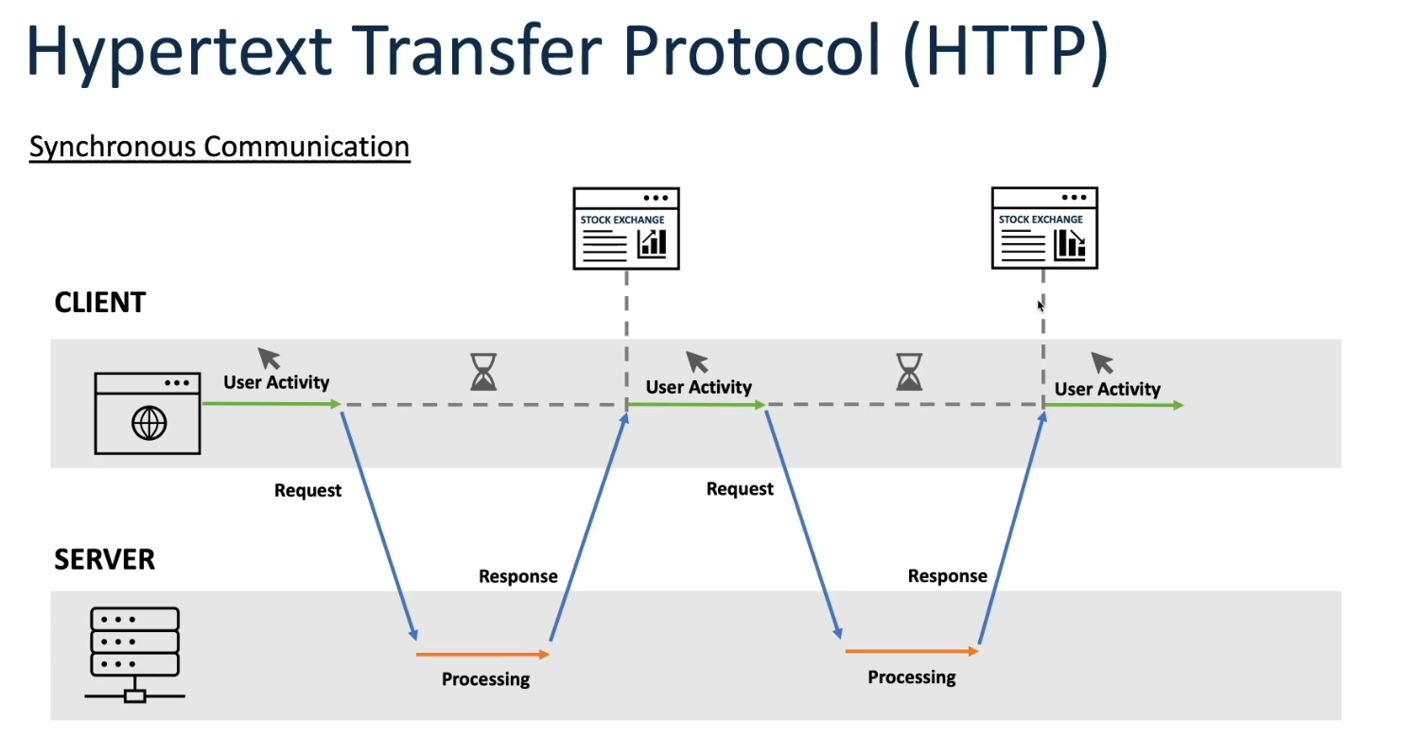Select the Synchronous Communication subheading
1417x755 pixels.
(219, 148)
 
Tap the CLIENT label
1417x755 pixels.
(100, 303)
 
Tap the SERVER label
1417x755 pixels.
(104, 559)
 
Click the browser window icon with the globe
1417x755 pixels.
(148, 413)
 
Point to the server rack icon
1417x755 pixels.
(134, 655)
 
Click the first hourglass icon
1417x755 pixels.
(483, 372)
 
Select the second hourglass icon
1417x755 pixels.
(909, 372)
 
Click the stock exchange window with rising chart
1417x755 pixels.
(626, 228)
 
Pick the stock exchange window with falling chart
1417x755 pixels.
(1044, 228)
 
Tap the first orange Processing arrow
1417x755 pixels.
(482, 655)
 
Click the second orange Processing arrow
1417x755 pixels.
(912, 651)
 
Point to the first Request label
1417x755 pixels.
(307, 490)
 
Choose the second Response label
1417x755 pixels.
(947, 576)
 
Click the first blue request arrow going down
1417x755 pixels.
(379, 526)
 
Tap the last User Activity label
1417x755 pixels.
(1107, 389)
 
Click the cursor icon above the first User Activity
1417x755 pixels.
(269, 359)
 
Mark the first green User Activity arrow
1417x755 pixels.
(272, 403)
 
